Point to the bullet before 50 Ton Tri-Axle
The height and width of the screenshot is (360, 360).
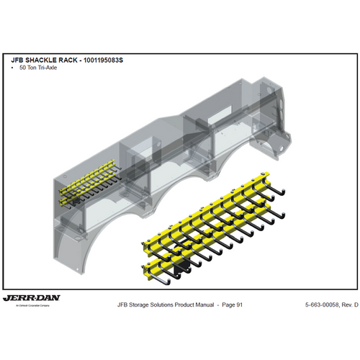pos(14,67)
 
